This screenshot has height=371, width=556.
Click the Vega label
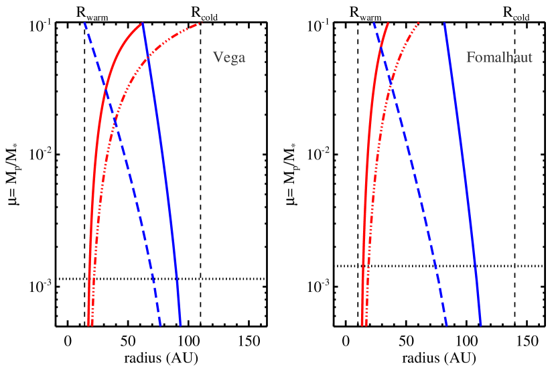click(x=229, y=58)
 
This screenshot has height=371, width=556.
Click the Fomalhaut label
click(x=499, y=58)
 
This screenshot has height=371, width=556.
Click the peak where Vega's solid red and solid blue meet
click(x=143, y=23)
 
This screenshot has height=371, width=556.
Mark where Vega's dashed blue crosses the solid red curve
click(x=105, y=88)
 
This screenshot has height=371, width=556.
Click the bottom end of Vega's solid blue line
click(x=180, y=325)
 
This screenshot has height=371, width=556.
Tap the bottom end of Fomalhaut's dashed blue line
click(x=446, y=325)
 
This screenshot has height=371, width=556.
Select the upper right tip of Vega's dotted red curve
click(x=201, y=24)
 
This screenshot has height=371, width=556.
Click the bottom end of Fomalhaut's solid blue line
click(x=480, y=325)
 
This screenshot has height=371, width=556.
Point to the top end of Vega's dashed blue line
click(x=85, y=23)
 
